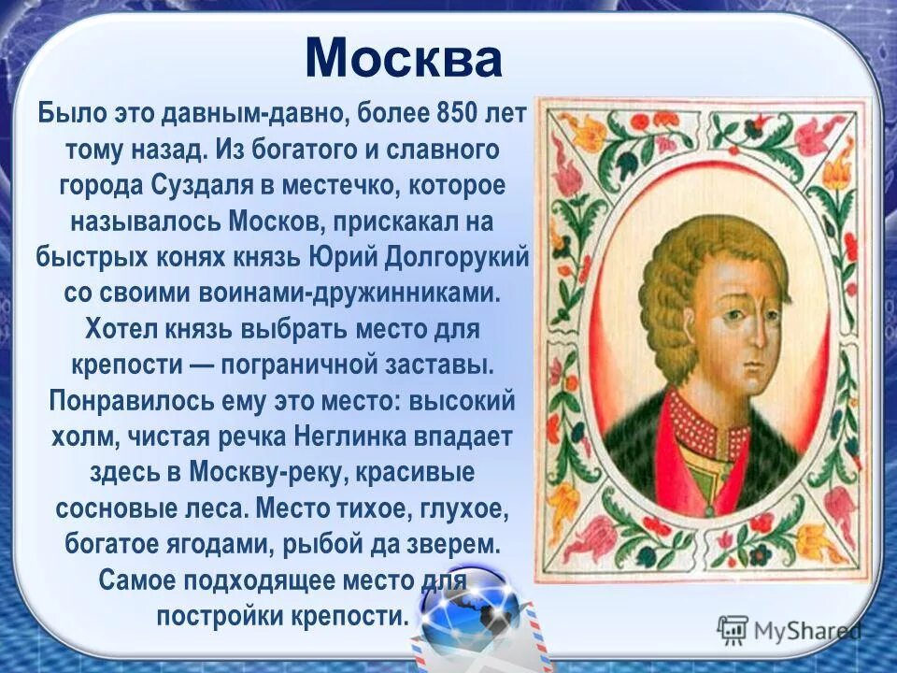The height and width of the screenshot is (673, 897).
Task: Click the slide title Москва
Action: point(403,59)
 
